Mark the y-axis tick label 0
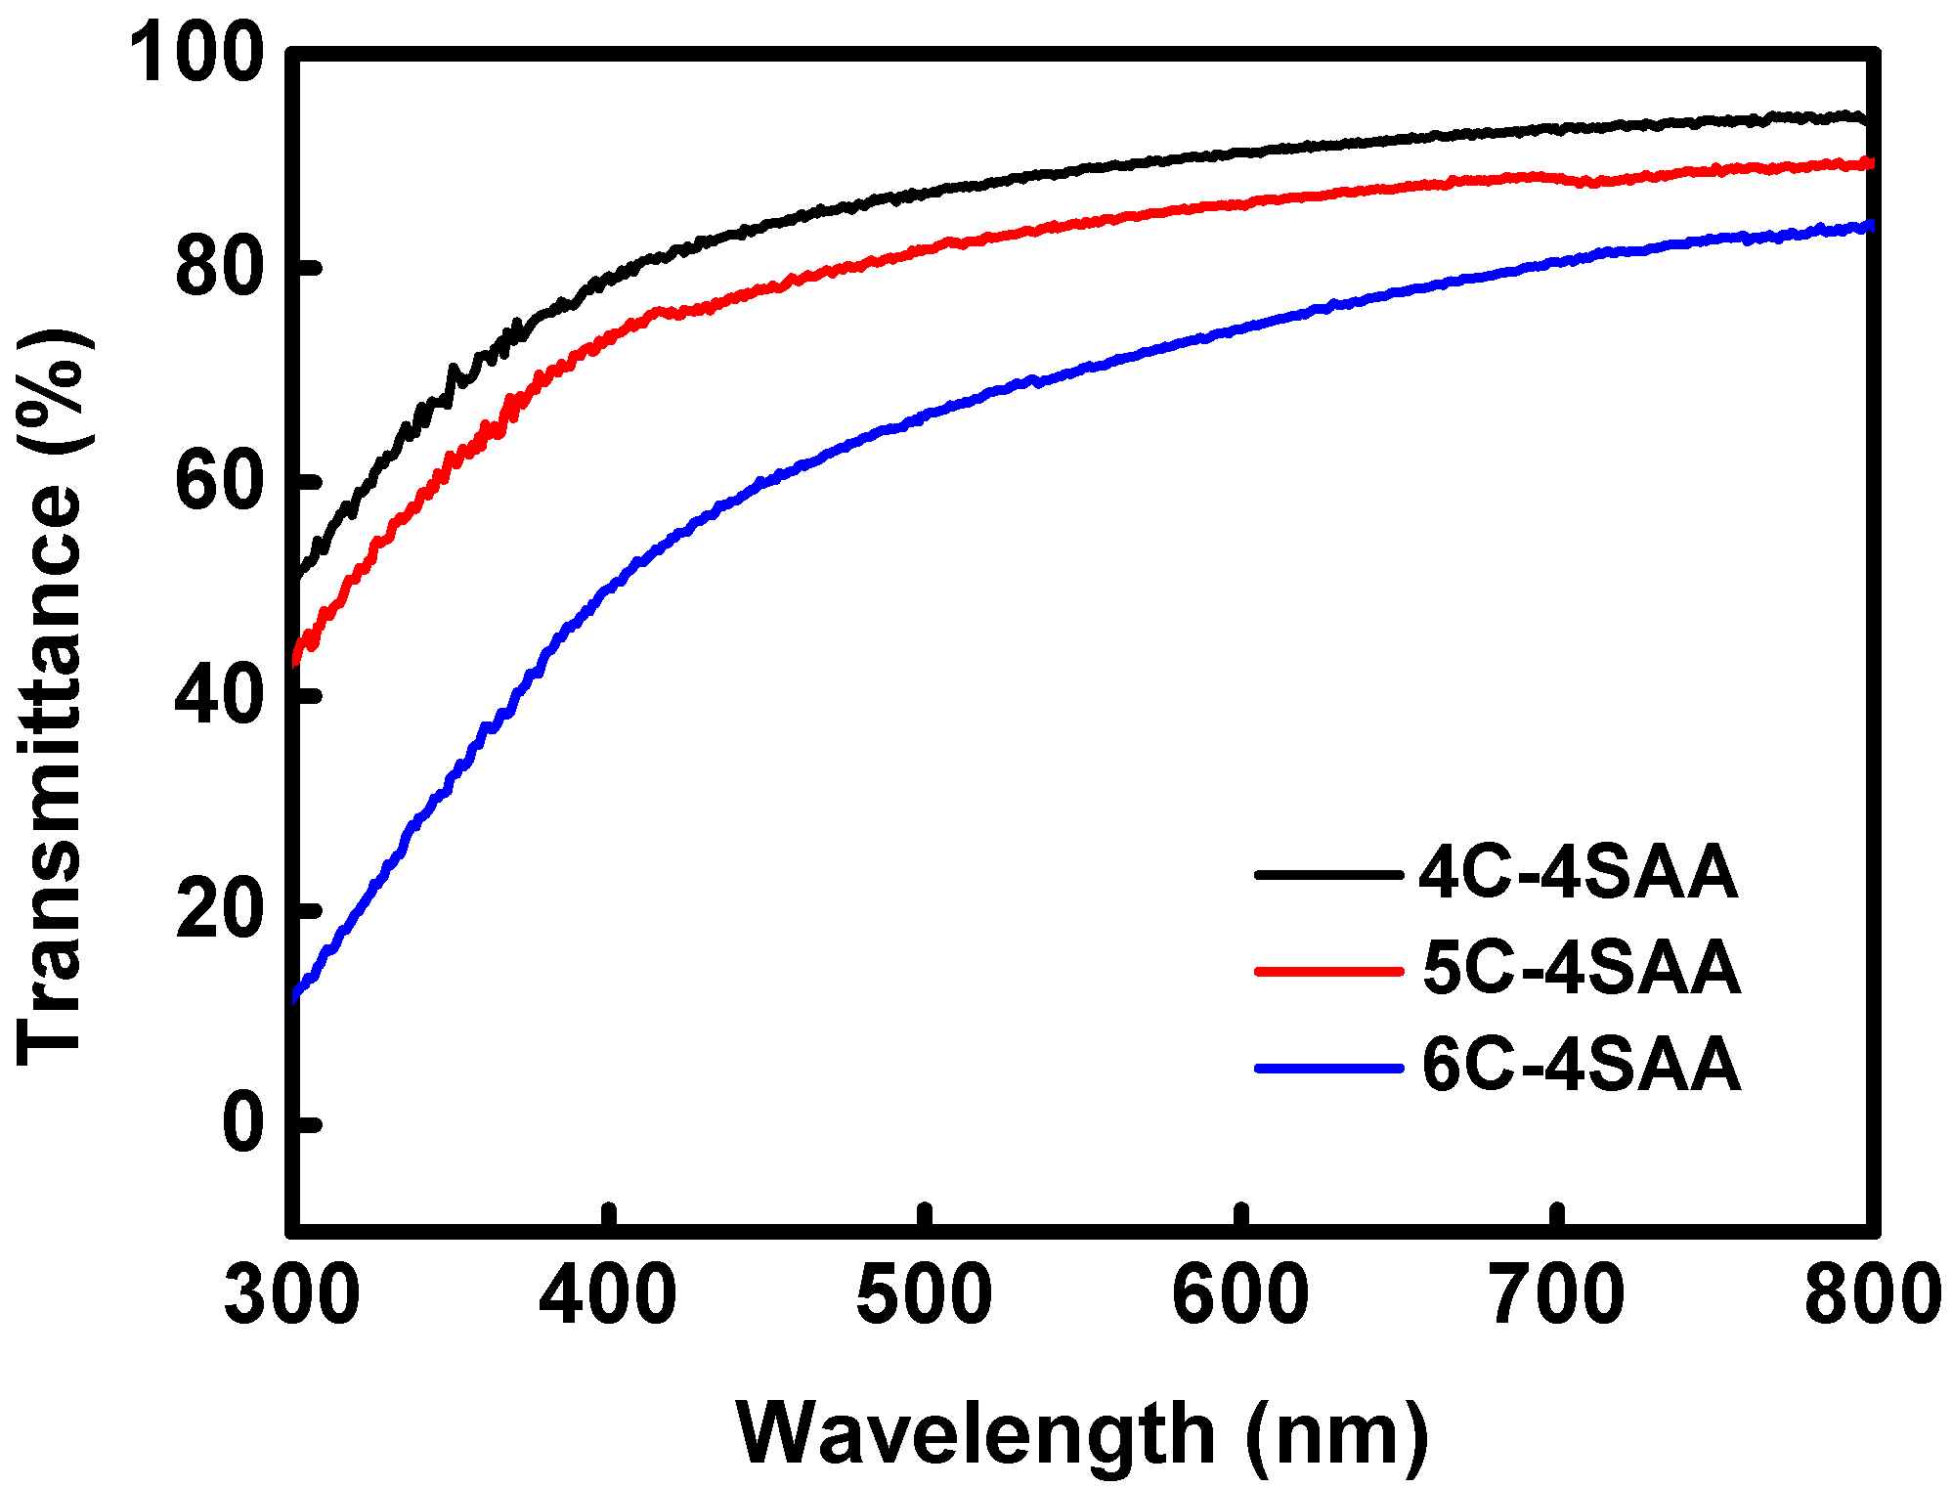pos(243,1124)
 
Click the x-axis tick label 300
pos(291,1295)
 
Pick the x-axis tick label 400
pos(607,1295)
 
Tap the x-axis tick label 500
pos(924,1295)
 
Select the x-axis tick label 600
pos(1239,1295)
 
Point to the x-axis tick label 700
pos(1556,1295)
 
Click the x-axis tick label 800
pos(1871,1295)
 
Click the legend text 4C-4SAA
pos(1578,873)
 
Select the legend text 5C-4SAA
pos(1581,969)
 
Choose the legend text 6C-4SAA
pos(1581,1065)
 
